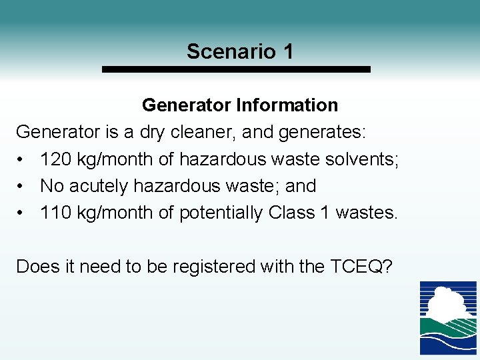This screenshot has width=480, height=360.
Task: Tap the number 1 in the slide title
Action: click(x=287, y=51)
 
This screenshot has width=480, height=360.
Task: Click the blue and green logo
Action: click(x=447, y=317)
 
